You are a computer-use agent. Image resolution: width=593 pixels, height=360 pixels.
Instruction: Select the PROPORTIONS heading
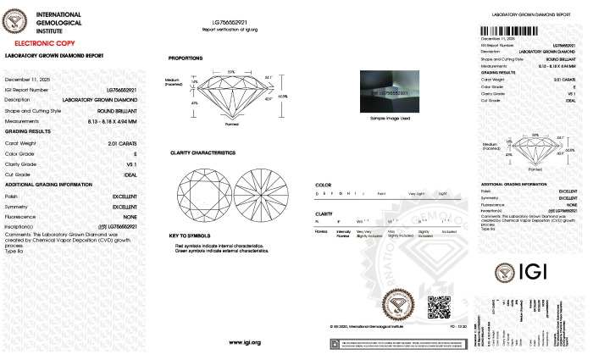[x=185, y=58]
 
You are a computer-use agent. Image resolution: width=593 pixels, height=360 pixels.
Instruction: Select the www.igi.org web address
[x=244, y=342]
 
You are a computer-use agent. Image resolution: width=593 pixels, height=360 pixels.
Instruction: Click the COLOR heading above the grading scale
[x=323, y=184]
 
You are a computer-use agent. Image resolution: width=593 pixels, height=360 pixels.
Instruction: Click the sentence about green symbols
[x=219, y=251]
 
